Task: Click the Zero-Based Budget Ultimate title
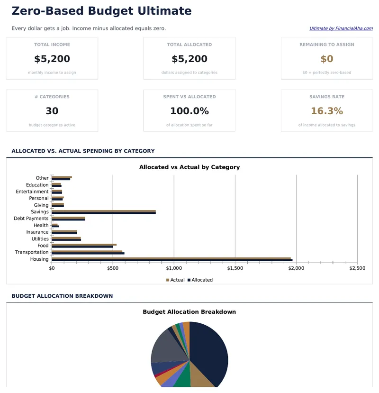coord(101,11)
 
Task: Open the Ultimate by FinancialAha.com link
coord(341,28)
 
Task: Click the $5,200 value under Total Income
coord(52,59)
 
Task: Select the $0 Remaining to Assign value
coord(327,59)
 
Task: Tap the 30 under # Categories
coord(52,111)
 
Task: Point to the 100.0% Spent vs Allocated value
coord(189,111)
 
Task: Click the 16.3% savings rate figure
coord(327,111)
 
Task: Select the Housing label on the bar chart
coord(39,259)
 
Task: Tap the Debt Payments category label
coord(31,219)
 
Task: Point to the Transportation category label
coord(32,252)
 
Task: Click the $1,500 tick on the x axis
coord(235,268)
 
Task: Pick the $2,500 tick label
coord(357,268)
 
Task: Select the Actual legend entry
coord(175,280)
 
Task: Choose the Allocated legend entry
coord(200,280)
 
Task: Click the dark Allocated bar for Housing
coord(171,260)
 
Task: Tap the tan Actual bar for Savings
coord(103,211)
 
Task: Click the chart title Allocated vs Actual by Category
coord(189,167)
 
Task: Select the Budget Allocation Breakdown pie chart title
coord(189,312)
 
